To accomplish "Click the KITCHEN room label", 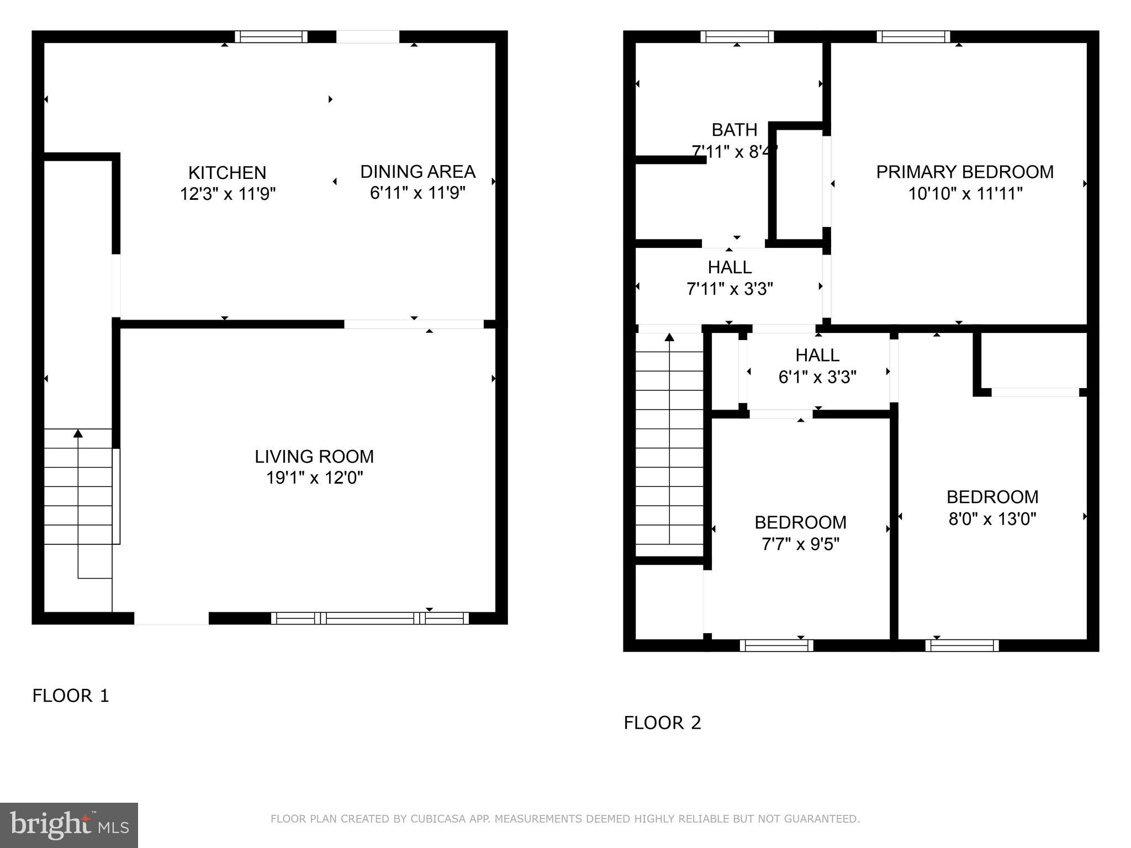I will point(227,173).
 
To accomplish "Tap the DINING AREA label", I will point(417,172).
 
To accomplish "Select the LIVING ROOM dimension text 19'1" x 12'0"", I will point(314,478).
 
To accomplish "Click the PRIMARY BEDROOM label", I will point(965,172).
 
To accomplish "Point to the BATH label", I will point(734,130).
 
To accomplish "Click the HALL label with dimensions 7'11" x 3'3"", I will point(730,267).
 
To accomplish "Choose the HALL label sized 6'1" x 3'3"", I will point(817,355).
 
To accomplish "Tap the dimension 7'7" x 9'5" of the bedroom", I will point(800,544).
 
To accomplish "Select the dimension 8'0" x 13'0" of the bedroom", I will point(992,519).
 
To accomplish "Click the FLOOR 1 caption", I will point(71,696).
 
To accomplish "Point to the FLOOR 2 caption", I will point(662,723).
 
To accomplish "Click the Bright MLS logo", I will point(69,825).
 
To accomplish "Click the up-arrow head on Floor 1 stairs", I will point(78,433).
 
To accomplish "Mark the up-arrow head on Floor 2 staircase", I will point(669,337).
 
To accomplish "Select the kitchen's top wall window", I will point(271,37).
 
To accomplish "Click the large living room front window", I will point(369,618).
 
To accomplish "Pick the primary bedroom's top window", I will point(913,37).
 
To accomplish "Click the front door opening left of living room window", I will point(171,618).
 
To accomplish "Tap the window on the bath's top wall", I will point(737,37).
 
